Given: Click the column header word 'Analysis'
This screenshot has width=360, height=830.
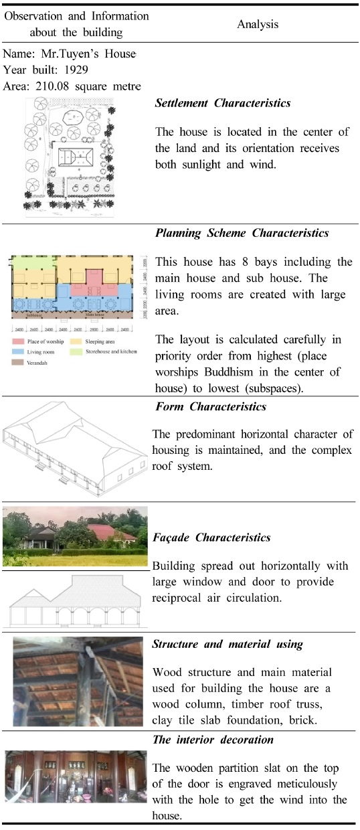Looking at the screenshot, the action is click(x=258, y=24).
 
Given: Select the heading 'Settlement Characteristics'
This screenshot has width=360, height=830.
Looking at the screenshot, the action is click(x=213, y=104).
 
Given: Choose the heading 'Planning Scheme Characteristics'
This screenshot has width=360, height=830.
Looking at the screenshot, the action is click(x=242, y=234).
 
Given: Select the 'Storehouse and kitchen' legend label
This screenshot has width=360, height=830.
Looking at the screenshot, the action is click(x=108, y=351).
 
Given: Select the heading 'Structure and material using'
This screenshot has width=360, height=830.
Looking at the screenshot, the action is click(x=228, y=645).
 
